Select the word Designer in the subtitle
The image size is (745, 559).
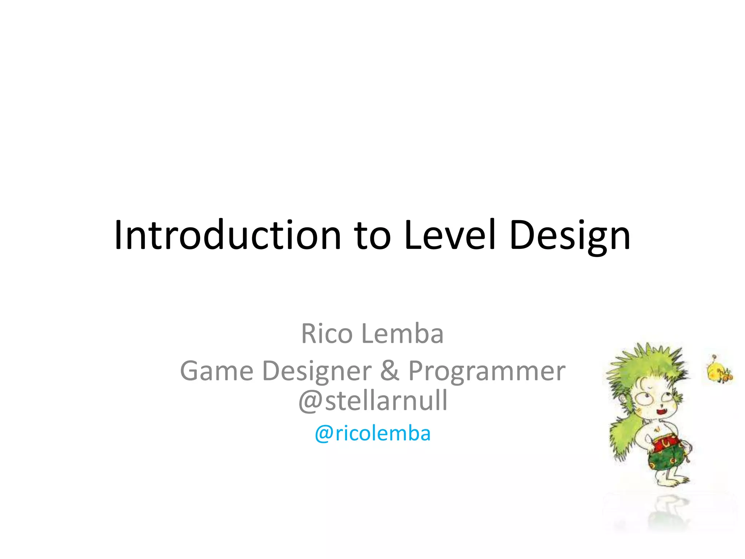pos(317,372)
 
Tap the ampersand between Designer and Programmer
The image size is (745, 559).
pos(390,371)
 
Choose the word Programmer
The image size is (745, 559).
pos(487,372)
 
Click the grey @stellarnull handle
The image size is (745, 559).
pos(372,400)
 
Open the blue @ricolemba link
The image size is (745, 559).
pos(372,433)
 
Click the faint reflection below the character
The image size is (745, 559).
pos(668,513)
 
